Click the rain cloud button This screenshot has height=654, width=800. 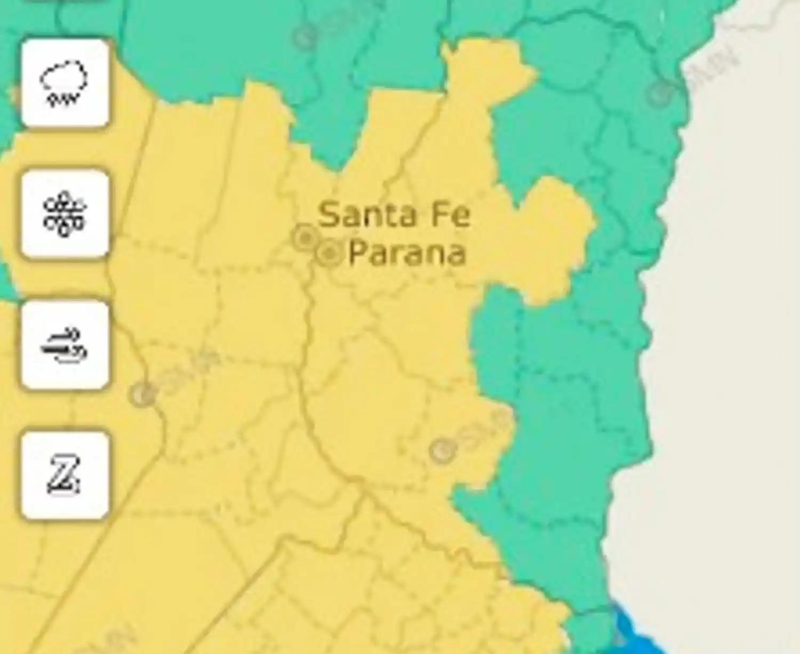click(65, 83)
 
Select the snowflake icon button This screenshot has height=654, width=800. click(65, 214)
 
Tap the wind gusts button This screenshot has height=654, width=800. click(65, 345)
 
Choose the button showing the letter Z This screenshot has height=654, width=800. click(65, 475)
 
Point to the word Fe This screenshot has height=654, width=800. click(451, 215)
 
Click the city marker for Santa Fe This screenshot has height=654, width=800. click(305, 237)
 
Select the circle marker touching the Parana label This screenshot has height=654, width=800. click(330, 254)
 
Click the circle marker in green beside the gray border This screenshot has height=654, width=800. click(660, 93)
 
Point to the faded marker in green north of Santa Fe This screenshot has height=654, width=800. click(305, 37)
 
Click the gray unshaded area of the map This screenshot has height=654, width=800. click(731, 320)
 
